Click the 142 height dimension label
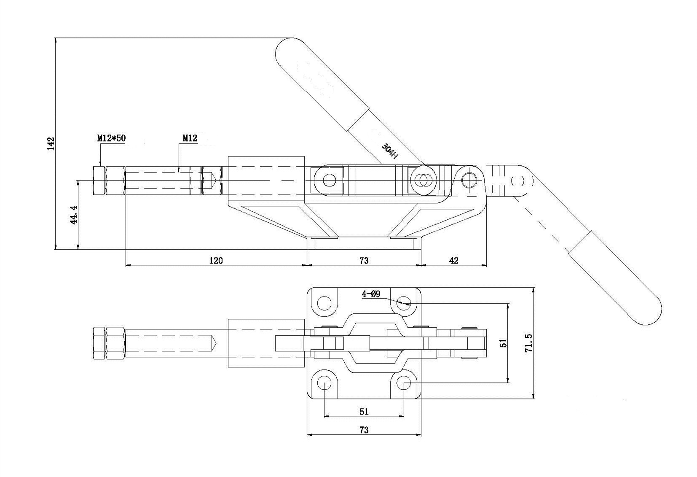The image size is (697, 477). coord(51,143)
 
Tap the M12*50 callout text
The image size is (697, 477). coord(111,138)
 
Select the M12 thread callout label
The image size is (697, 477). coord(190,138)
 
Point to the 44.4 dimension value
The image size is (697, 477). coord(74,215)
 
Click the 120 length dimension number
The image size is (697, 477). coord(216,260)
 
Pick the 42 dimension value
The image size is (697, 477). coord(454,260)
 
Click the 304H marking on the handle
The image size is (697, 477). coord(390,151)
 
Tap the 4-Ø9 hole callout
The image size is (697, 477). coord(371,294)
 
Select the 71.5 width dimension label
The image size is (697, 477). coord(528,343)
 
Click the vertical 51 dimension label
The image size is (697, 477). coord(503,343)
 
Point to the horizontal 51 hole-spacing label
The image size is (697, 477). coord(364,412)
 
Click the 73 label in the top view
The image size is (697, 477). coord(364,430)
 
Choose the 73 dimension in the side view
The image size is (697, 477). coord(364,260)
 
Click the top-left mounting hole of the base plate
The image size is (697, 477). coord(324,303)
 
